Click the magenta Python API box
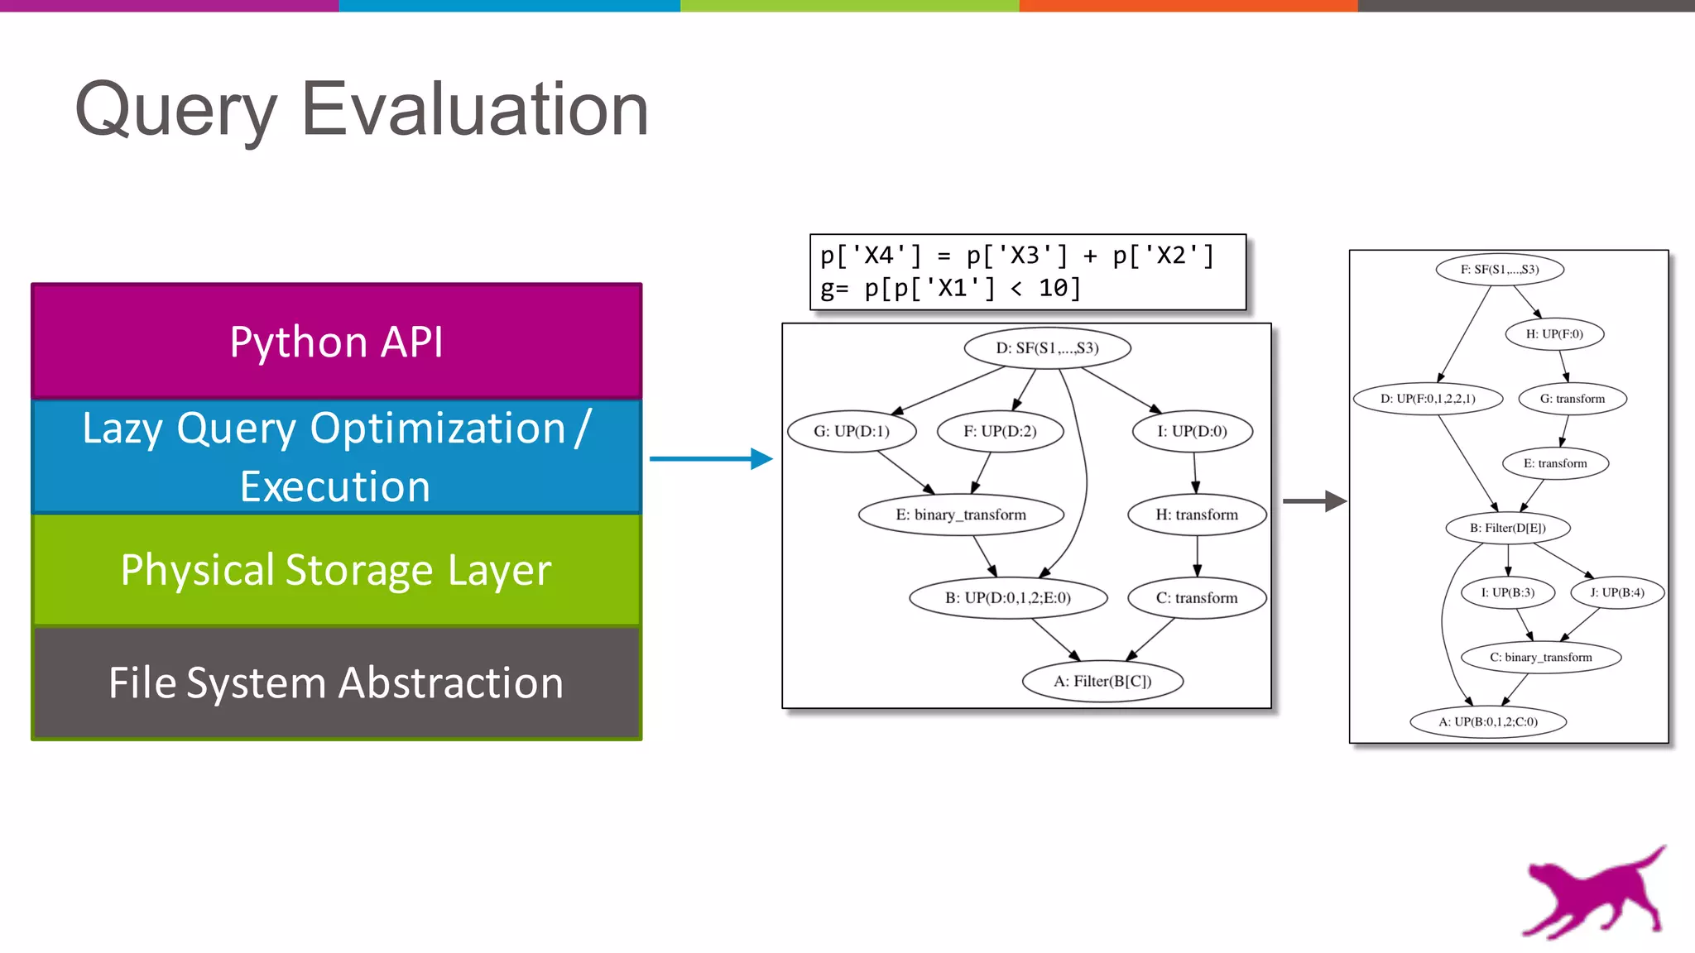click(x=336, y=342)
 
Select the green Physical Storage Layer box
click(x=336, y=570)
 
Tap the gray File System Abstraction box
click(x=336, y=683)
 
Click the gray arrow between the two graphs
click(x=1314, y=500)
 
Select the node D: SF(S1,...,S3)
click(x=1047, y=348)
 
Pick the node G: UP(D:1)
click(x=852, y=431)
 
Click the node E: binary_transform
click(x=961, y=515)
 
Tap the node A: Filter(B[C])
click(x=1102, y=682)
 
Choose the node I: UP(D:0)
click(x=1192, y=431)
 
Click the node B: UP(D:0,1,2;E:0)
click(x=1008, y=598)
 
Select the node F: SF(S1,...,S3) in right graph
click(x=1499, y=270)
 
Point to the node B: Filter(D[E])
click(x=1507, y=528)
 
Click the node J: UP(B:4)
click(x=1616, y=592)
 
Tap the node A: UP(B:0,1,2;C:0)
click(x=1488, y=721)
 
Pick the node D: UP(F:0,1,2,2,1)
click(x=1428, y=399)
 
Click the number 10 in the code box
click(x=1054, y=289)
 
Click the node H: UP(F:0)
click(x=1554, y=334)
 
